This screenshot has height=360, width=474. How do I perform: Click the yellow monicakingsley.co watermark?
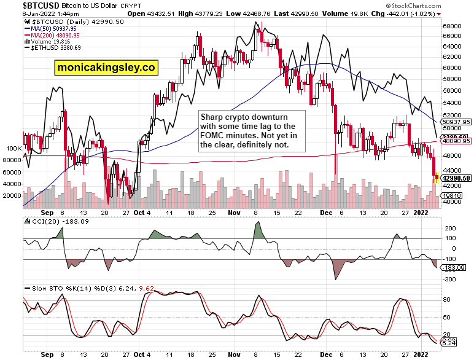pos(106,68)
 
